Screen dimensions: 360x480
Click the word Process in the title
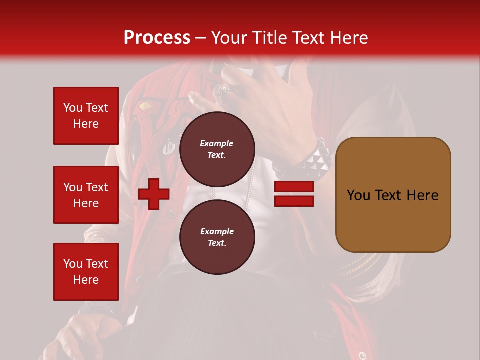point(157,38)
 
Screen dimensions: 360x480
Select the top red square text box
point(86,116)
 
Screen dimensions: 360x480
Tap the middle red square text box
point(86,195)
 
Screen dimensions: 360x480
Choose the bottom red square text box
point(86,271)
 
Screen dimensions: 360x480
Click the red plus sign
point(154,194)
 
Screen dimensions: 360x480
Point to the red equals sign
point(294,194)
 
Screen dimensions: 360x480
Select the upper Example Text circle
point(217,149)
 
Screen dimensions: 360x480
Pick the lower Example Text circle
point(217,237)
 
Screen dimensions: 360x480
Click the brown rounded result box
point(393,194)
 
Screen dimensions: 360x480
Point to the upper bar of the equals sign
point(294,187)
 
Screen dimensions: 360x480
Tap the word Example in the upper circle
point(217,143)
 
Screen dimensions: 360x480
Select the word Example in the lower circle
point(217,231)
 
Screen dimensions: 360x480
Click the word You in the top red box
point(72,108)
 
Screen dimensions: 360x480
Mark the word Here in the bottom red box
point(86,280)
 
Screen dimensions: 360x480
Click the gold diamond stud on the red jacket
point(144,106)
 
